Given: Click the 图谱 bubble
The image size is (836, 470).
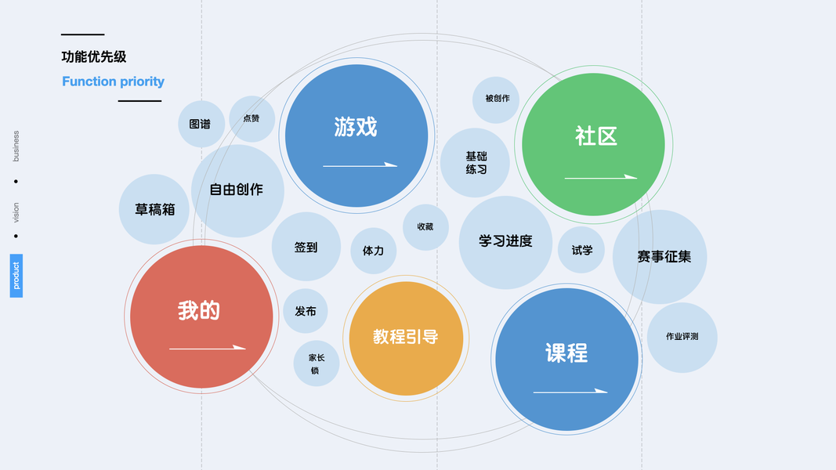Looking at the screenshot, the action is [x=201, y=124].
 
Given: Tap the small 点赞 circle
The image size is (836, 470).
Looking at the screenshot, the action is [x=252, y=118].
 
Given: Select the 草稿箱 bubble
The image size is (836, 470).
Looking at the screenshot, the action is [x=154, y=209].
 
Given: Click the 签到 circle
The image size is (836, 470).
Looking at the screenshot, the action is [x=306, y=247].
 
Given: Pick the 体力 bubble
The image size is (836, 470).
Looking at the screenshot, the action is [x=373, y=251].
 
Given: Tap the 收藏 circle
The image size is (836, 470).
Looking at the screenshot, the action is [x=425, y=227].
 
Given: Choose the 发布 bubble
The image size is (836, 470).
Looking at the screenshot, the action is [x=306, y=311].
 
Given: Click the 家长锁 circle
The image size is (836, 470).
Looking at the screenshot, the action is [x=316, y=363].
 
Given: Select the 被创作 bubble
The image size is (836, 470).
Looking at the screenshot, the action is [x=496, y=99].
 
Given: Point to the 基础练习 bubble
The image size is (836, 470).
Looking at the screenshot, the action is [x=476, y=163].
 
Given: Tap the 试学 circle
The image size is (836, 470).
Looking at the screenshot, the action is [x=581, y=250].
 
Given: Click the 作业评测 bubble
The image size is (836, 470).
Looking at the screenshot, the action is [x=682, y=337].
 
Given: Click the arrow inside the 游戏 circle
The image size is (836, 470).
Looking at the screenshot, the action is [x=360, y=165].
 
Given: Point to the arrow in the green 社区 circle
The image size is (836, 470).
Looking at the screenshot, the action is [x=601, y=178].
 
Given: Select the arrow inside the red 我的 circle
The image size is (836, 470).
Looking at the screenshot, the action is [x=208, y=348].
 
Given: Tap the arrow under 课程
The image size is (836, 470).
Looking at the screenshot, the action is [x=570, y=391].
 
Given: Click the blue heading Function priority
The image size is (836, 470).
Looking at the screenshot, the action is [x=113, y=81].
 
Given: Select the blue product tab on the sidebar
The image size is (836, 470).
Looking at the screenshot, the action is [x=16, y=276].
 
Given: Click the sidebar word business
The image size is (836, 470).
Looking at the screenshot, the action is [x=16, y=146].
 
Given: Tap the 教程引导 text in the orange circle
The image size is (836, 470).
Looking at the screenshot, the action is [x=405, y=337].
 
